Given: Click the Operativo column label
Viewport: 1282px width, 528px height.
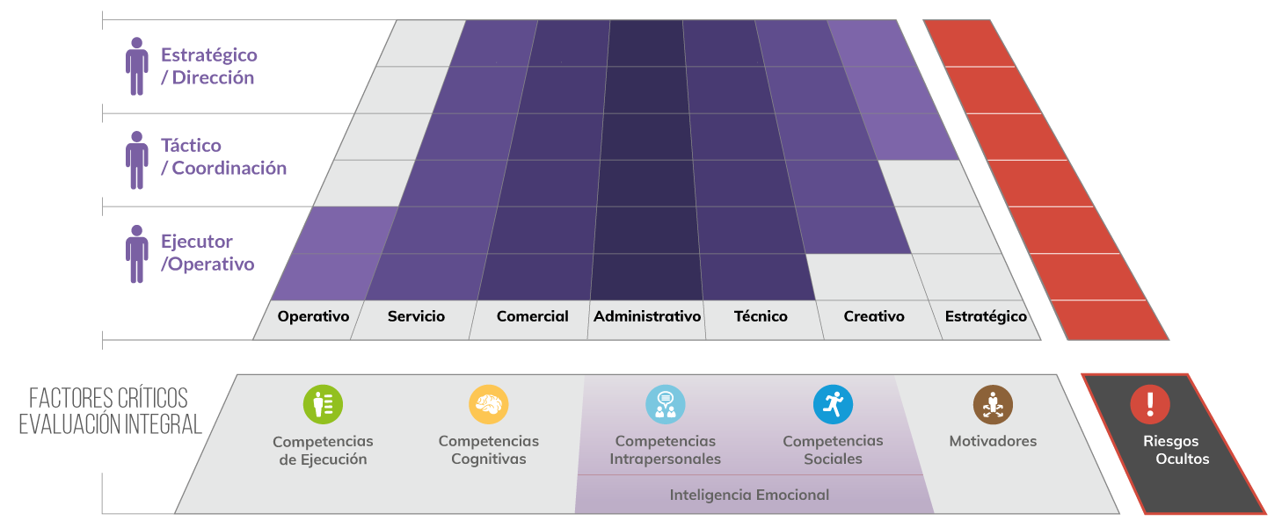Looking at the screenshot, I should coord(313,316).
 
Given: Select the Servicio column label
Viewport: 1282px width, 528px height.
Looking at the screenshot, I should coord(416,316).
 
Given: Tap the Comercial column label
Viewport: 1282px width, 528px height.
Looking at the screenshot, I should coord(532,316).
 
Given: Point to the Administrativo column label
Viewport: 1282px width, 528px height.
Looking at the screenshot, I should coord(647,316).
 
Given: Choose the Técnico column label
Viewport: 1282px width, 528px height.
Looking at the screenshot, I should coord(761,316).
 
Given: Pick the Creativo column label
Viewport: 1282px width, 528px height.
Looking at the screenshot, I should coord(874,316).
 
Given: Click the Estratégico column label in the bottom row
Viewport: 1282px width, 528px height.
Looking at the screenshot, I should coord(986,316).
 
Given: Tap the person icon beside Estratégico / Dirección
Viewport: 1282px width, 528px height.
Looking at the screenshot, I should coord(137,66).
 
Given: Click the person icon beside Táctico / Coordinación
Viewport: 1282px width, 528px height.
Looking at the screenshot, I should coord(137,160).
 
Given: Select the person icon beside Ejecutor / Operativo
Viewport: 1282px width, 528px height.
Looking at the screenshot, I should coord(137,254).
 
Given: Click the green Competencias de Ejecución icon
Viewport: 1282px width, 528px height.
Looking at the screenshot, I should coord(323,404).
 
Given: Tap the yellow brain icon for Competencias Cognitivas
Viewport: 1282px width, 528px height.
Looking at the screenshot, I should coord(488,404).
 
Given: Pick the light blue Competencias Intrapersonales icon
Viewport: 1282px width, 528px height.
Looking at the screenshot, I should coord(665,404).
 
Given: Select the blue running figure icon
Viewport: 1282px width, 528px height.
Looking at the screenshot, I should coord(833,404).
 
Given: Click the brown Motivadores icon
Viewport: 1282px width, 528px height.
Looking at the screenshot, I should coord(993,404).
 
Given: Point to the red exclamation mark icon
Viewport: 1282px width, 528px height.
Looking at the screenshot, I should coord(1150,404).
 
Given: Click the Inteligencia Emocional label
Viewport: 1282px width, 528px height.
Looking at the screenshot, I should coord(749,495).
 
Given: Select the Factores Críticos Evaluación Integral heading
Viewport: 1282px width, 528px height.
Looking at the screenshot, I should coord(110,411).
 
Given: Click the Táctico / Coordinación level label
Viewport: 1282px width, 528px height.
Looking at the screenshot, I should coord(223,156).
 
